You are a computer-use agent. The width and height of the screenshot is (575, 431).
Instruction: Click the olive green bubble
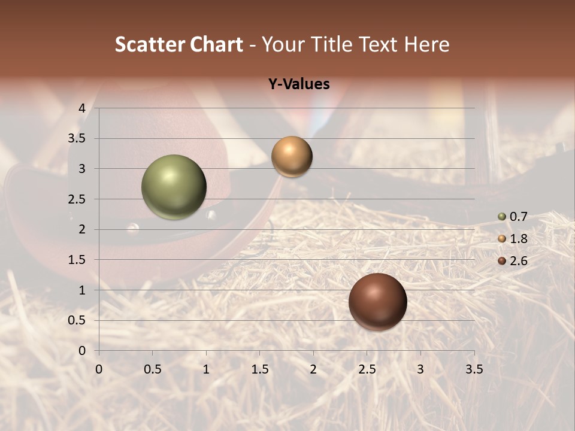(174, 187)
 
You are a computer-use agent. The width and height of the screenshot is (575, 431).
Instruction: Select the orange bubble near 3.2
(292, 156)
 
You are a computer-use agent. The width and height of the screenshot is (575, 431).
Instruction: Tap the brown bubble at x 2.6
(377, 301)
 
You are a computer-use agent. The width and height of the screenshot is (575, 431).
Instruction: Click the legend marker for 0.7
(502, 216)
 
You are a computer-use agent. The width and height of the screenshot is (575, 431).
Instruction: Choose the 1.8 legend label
(518, 239)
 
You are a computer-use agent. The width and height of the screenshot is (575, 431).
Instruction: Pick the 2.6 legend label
(518, 261)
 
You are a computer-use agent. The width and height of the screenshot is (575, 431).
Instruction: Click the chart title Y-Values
(298, 84)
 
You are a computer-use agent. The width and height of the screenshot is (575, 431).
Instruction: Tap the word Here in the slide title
(426, 44)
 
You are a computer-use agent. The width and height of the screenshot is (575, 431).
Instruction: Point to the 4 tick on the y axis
(82, 108)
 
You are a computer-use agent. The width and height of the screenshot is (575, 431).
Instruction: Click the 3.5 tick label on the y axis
(78, 138)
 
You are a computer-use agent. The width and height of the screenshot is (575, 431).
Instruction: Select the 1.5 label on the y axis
(78, 260)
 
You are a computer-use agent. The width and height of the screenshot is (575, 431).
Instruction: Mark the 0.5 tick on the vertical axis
(78, 320)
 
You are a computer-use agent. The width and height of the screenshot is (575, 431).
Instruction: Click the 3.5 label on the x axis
(474, 369)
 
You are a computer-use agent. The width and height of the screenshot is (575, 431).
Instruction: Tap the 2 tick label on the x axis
(313, 369)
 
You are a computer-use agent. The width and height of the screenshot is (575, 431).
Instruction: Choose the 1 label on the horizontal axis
(206, 369)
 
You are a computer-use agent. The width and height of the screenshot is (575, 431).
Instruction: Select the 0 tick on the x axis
(99, 369)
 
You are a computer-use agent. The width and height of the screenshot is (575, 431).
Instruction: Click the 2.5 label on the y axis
(78, 199)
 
